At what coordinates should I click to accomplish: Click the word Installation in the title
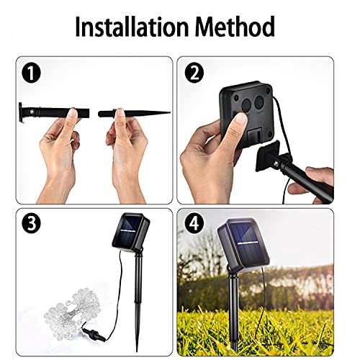tap(132, 26)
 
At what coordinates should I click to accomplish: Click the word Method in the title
tap(235, 26)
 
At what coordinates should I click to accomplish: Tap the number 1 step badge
tap(31, 73)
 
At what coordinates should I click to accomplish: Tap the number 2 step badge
tap(194, 73)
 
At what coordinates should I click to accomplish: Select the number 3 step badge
tap(31, 223)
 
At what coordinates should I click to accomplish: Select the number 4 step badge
tap(194, 223)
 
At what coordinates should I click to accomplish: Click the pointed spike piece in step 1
tap(135, 113)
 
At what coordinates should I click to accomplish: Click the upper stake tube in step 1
tap(54, 112)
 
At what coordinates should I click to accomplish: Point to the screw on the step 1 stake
tap(31, 111)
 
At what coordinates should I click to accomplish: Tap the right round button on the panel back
tap(259, 102)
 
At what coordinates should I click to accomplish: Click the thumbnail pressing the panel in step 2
tap(240, 120)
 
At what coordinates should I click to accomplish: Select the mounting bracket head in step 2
tap(268, 156)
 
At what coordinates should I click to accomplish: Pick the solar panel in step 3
tap(131, 231)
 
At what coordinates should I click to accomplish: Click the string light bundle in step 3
tap(72, 309)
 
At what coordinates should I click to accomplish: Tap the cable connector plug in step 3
tap(94, 333)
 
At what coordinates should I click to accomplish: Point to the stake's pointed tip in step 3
tap(137, 351)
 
